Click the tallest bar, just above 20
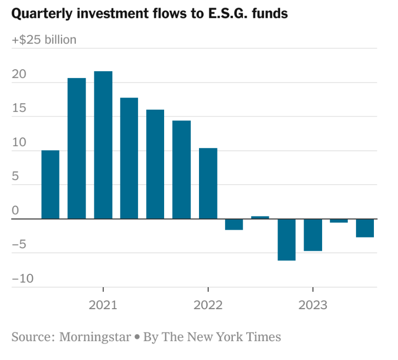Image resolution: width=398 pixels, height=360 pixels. [103, 145]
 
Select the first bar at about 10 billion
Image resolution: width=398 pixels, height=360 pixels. [50, 185]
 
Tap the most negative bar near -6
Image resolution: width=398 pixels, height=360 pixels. [287, 239]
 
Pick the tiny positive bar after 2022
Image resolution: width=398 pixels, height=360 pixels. [260, 217]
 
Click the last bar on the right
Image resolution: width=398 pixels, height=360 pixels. [365, 228]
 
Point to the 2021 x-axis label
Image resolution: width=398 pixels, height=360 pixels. [103, 306]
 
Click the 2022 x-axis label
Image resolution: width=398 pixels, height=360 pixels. [208, 306]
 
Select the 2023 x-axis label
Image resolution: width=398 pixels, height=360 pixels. [313, 306]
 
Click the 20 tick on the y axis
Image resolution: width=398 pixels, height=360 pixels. [18, 74]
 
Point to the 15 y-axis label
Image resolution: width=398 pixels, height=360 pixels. [18, 109]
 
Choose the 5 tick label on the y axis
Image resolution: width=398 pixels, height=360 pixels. [15, 177]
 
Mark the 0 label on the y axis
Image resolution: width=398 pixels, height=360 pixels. [15, 211]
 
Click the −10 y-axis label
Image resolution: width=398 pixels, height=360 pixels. [23, 279]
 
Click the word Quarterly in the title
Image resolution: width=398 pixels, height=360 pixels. [40, 14]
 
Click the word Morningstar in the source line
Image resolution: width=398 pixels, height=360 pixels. [95, 337]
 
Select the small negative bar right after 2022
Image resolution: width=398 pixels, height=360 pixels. [234, 224]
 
